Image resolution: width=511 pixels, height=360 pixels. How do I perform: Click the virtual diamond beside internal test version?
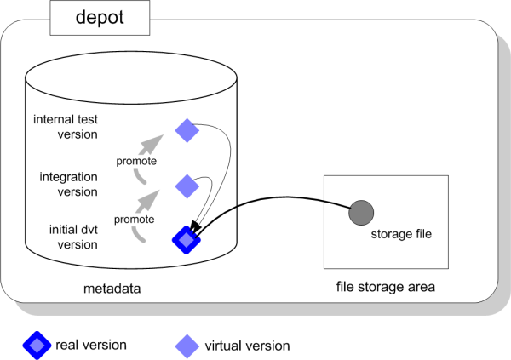(x=187, y=129)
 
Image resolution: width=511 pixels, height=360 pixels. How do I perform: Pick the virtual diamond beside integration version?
(x=187, y=184)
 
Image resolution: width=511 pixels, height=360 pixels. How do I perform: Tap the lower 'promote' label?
(x=134, y=219)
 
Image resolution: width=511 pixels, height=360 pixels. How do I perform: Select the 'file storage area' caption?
(x=385, y=288)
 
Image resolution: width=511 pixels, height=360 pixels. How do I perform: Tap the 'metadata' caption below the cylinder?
(x=111, y=289)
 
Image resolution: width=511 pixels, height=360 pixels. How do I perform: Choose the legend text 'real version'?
(x=91, y=346)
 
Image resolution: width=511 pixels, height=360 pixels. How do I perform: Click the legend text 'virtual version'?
(x=246, y=346)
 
